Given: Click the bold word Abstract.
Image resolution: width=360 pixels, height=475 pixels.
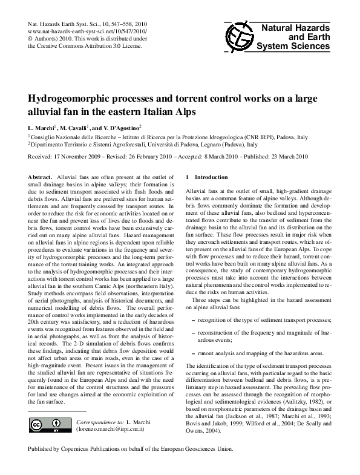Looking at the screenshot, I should [41, 176].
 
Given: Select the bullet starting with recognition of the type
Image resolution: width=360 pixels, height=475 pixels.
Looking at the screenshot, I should [264, 319].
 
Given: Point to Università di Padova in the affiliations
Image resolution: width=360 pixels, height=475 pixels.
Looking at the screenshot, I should [172, 145].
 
